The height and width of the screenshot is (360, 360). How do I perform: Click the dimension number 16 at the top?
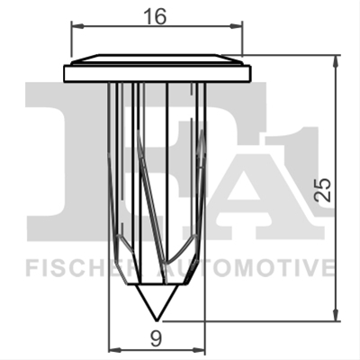tap(155, 16)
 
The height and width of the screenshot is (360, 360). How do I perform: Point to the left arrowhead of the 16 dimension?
tap(76, 26)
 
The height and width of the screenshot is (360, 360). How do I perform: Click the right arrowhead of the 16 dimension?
tap(236, 26)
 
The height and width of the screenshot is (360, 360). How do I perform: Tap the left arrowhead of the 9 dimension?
tap(114, 350)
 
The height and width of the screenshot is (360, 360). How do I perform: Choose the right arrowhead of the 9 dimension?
tap(200, 350)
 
